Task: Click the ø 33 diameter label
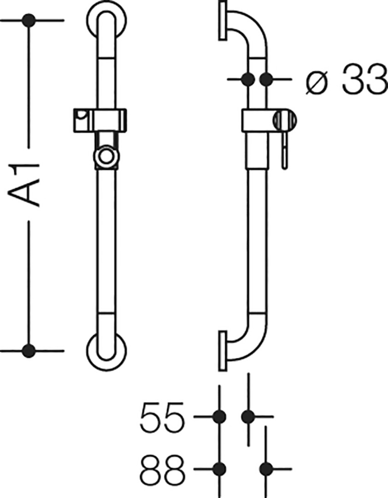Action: [347, 79]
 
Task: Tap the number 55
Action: [162, 416]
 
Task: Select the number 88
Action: [162, 468]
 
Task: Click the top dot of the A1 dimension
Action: [29, 21]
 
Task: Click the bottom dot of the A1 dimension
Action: [29, 350]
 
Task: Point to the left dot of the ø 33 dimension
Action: [248, 79]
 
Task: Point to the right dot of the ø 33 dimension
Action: [266, 79]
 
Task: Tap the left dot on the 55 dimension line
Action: [219, 416]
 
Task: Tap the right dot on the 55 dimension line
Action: [248, 416]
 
